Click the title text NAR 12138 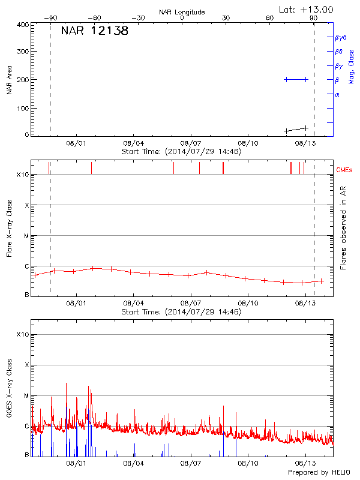click(x=95, y=31)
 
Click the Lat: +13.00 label click(x=307, y=9)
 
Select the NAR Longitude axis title click(x=182, y=12)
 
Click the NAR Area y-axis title click(x=9, y=80)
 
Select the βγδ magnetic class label click(x=340, y=38)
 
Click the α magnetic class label click(x=337, y=94)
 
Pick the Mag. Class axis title click(x=352, y=66)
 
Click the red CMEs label click(x=345, y=170)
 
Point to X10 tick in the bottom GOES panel click(x=23, y=334)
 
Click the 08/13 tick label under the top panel click(x=305, y=144)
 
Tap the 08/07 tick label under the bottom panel click(x=190, y=464)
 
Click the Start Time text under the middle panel click(x=181, y=312)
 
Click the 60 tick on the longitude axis click(x=270, y=19)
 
